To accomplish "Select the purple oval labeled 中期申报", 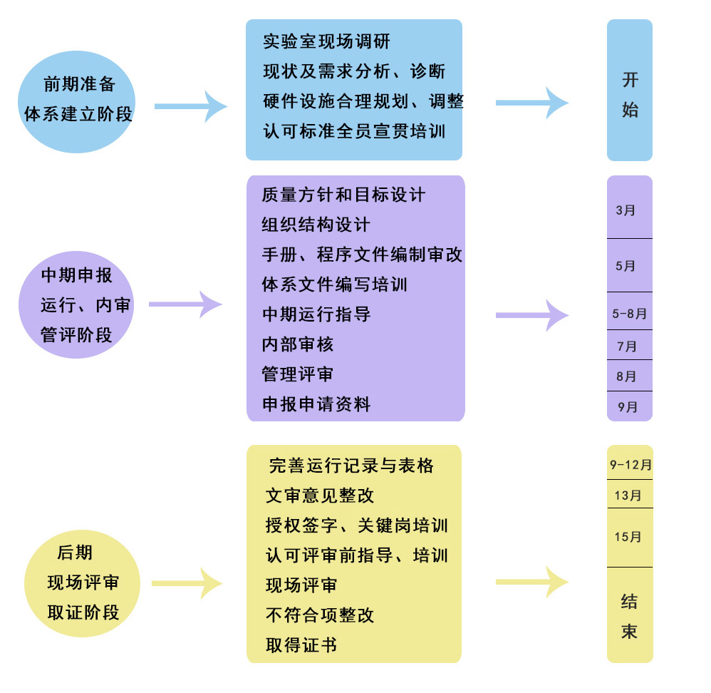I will point(77,304).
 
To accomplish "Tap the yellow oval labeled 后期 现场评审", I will point(83,582).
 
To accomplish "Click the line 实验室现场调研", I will point(326,41).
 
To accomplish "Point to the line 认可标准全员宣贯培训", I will point(354,132).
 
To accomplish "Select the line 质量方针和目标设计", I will point(343,195).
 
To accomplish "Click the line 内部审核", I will point(298,344).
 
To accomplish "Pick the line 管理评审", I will point(298,374).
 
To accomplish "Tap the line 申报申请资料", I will point(316,404).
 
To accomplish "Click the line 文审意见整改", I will point(320,496).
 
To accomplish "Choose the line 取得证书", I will point(301,645).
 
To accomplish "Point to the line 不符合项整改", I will point(320,615).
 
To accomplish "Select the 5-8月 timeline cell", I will point(629,313).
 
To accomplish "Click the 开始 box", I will point(630,93).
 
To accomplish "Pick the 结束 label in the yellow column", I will point(629,617).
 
